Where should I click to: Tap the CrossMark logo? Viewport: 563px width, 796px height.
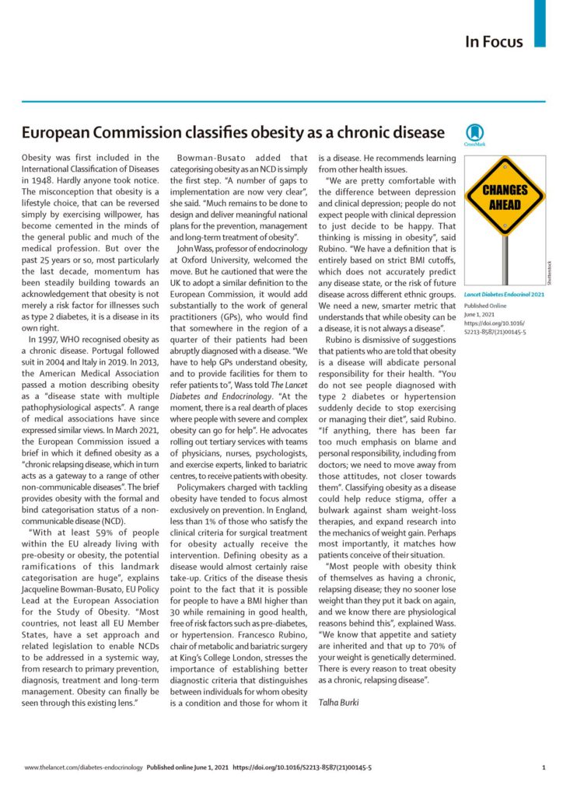tap(474, 134)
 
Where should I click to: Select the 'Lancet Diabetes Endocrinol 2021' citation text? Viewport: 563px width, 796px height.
tap(504, 295)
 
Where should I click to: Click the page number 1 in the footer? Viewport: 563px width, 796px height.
tap(543, 767)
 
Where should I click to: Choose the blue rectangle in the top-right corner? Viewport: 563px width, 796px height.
tap(540, 12)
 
